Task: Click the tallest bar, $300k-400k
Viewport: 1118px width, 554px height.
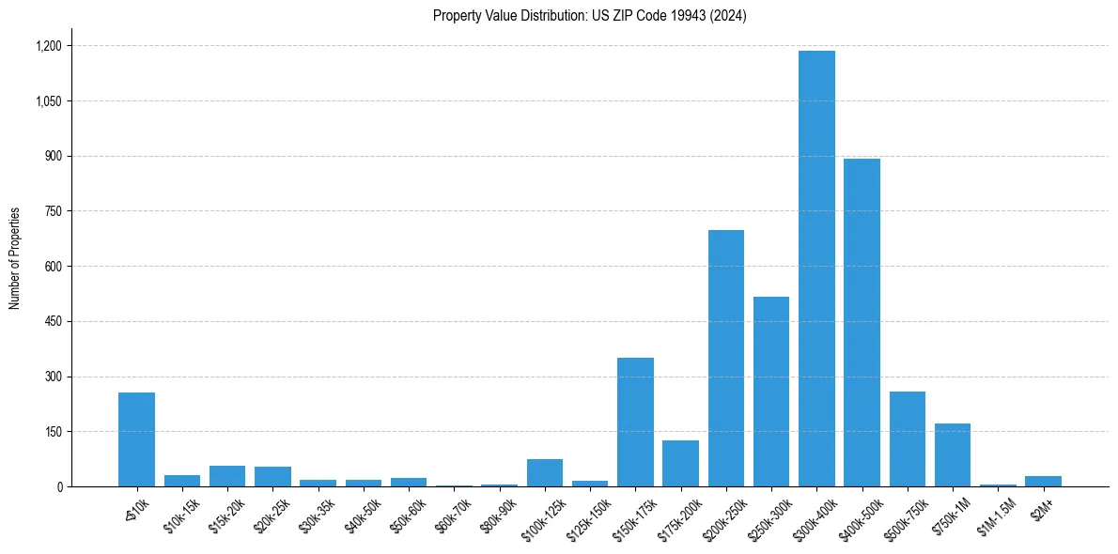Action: (816, 269)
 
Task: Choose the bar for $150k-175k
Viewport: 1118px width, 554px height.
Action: (635, 423)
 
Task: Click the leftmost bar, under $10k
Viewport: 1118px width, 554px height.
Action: (136, 439)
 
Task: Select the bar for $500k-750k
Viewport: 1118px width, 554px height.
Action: (908, 439)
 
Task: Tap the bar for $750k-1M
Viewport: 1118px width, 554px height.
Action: (953, 455)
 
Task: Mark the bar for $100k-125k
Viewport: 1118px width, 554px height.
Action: (545, 473)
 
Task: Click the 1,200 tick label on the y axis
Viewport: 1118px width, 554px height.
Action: (48, 46)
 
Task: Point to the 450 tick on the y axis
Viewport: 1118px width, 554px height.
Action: (53, 322)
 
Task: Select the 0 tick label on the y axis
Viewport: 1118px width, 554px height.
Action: (58, 487)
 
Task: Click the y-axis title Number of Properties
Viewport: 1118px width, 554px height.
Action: (14, 258)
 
